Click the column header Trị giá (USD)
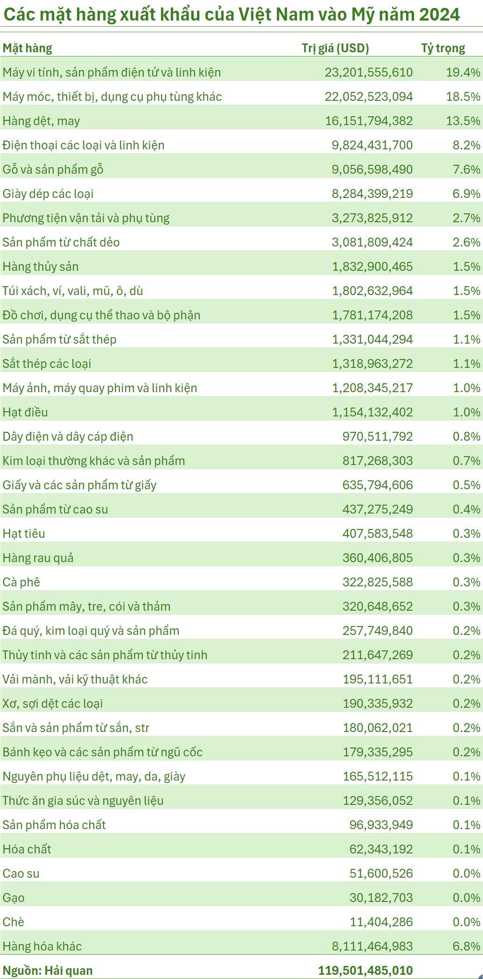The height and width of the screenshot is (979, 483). [x=335, y=48]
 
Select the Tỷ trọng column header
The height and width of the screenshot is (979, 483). [x=443, y=48]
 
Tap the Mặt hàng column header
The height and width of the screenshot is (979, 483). [x=27, y=48]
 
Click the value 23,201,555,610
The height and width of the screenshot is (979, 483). [x=369, y=72]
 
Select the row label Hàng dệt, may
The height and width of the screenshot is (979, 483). [x=41, y=121]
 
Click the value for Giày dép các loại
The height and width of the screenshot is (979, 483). [x=372, y=194]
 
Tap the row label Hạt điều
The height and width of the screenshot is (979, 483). [x=25, y=412]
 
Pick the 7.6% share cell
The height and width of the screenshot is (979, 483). [x=466, y=169]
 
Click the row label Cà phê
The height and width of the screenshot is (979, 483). [x=21, y=582]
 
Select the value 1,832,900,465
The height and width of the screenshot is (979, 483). [x=372, y=267]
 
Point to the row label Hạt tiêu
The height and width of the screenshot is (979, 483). [x=24, y=534]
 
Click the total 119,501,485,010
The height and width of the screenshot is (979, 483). [x=365, y=971]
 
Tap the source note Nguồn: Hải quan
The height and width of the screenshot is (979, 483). [x=48, y=971]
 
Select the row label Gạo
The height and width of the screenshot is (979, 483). [x=14, y=898]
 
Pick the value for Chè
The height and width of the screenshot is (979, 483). [x=381, y=922]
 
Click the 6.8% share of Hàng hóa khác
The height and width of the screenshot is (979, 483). [x=466, y=946]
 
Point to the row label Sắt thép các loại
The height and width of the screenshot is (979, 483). [x=47, y=364]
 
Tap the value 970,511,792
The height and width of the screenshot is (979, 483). [x=378, y=437]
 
